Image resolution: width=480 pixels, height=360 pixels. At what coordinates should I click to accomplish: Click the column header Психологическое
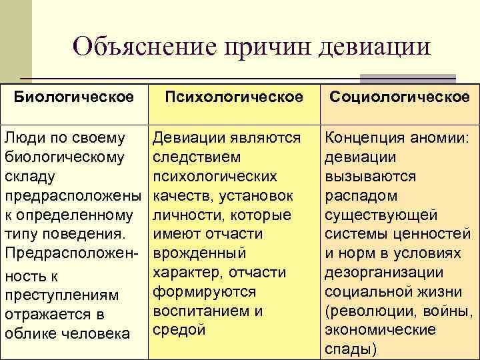(234, 97)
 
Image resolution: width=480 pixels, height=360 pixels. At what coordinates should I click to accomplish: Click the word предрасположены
(73, 195)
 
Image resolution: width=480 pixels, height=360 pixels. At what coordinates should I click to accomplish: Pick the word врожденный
(199, 253)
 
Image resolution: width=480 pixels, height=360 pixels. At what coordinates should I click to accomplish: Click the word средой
(179, 329)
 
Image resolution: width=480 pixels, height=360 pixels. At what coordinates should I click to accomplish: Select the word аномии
(446, 138)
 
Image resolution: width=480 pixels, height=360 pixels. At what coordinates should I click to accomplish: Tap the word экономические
(380, 329)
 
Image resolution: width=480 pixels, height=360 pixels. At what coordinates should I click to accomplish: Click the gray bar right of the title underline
(407, 78)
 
